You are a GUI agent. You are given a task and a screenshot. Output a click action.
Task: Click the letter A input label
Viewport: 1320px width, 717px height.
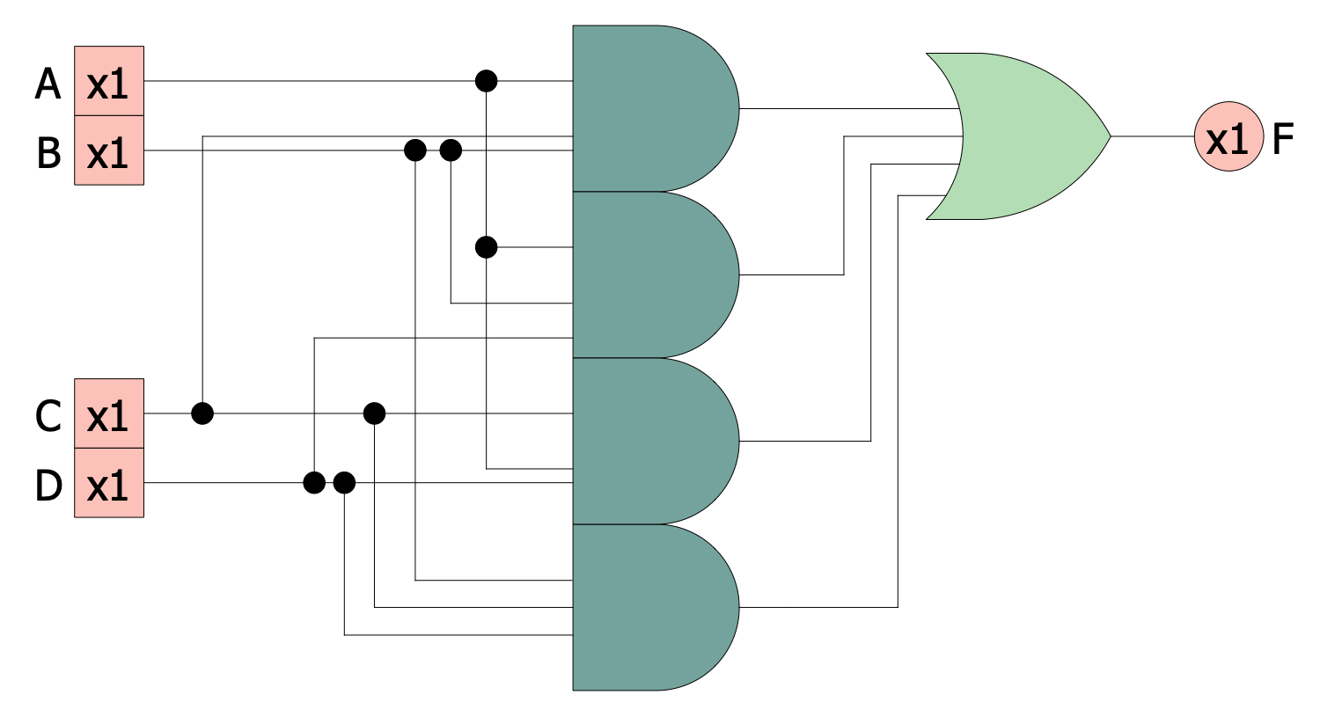(48, 84)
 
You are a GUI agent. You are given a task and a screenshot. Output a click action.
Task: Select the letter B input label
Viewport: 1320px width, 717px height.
(48, 152)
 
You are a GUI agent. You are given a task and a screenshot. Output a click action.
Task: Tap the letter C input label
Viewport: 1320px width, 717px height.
(48, 415)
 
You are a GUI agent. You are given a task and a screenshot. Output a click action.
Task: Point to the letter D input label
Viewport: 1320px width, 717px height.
(48, 485)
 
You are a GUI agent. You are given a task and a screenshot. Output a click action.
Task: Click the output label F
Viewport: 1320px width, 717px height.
(1283, 138)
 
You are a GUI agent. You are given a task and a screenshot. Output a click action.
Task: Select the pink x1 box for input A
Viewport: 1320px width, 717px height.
(108, 81)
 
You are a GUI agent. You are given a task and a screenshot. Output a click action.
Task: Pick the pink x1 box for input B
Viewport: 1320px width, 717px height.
(108, 150)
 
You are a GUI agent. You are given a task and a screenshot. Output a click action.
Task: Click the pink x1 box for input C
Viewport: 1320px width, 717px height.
(108, 413)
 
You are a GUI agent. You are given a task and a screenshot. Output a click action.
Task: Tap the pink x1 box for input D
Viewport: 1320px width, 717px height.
(108, 483)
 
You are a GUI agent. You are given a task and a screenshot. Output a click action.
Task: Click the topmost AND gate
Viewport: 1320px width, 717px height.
(651, 108)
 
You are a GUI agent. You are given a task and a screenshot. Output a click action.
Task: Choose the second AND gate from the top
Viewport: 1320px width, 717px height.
(651, 274)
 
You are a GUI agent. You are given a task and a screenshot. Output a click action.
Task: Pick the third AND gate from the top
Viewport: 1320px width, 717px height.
(651, 441)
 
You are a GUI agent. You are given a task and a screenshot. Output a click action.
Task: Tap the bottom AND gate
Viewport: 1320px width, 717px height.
(651, 607)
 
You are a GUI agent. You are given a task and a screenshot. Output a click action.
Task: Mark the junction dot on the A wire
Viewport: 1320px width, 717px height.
(486, 81)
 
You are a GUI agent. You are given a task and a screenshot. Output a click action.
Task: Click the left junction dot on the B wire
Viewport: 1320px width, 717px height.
(415, 150)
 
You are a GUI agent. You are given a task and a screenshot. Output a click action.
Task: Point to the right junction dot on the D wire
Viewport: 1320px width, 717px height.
(344, 483)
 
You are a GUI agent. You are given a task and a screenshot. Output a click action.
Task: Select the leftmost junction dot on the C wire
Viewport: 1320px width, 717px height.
(202, 413)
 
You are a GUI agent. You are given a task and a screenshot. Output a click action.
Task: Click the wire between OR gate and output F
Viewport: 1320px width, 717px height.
(1153, 136)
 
